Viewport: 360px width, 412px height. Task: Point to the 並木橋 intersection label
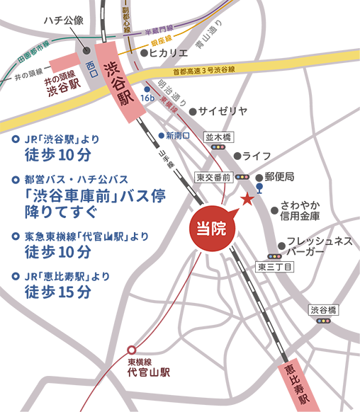pos(218,138)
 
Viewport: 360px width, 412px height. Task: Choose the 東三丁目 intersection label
pos(270,267)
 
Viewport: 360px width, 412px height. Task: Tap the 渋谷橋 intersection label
pos(324,310)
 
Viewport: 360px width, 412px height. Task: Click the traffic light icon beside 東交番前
pos(244,177)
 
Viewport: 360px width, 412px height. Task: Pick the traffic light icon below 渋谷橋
pos(324,321)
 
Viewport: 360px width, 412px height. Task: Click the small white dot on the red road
pos(132,350)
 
